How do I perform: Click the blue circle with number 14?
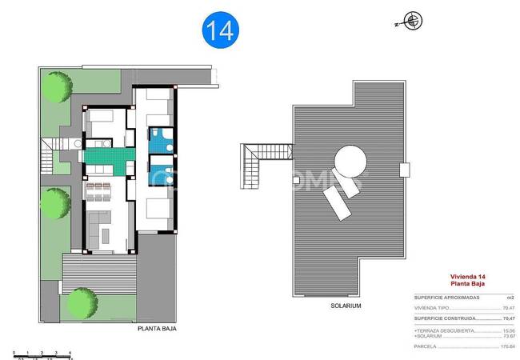(220, 30)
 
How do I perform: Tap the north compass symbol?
(413, 22)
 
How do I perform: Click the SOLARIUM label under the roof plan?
(346, 306)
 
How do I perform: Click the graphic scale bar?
(43, 353)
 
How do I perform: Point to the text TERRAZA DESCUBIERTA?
(438, 330)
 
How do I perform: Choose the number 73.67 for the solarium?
(507, 336)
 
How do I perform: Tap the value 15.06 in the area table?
(507, 330)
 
